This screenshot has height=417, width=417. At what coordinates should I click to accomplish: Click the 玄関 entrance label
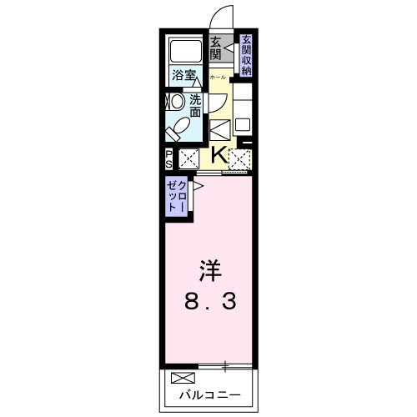[215, 49]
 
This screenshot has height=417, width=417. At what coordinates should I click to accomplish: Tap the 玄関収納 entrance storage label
[246, 55]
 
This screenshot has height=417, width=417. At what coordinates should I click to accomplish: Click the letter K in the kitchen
[217, 155]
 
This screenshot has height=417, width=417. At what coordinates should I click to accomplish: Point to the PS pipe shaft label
[168, 158]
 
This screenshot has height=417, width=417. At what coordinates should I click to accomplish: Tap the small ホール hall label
[215, 75]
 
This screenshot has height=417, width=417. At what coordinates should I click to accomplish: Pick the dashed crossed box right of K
[240, 157]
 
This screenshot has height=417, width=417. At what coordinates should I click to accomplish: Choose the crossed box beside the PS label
[188, 157]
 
